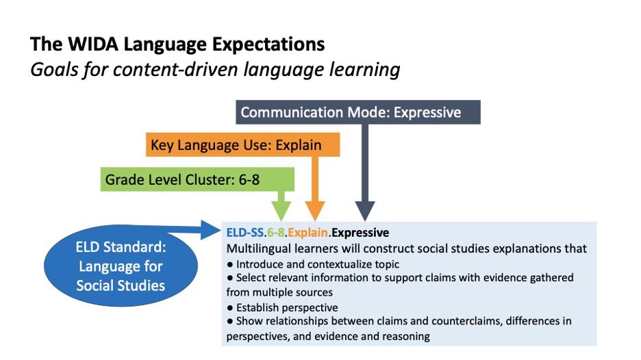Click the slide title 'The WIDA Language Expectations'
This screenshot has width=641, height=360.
click(x=177, y=45)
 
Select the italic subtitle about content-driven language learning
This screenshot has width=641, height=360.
click(x=215, y=69)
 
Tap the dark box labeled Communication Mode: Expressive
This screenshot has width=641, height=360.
click(x=357, y=112)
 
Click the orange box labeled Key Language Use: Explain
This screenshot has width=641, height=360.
click(x=243, y=145)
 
